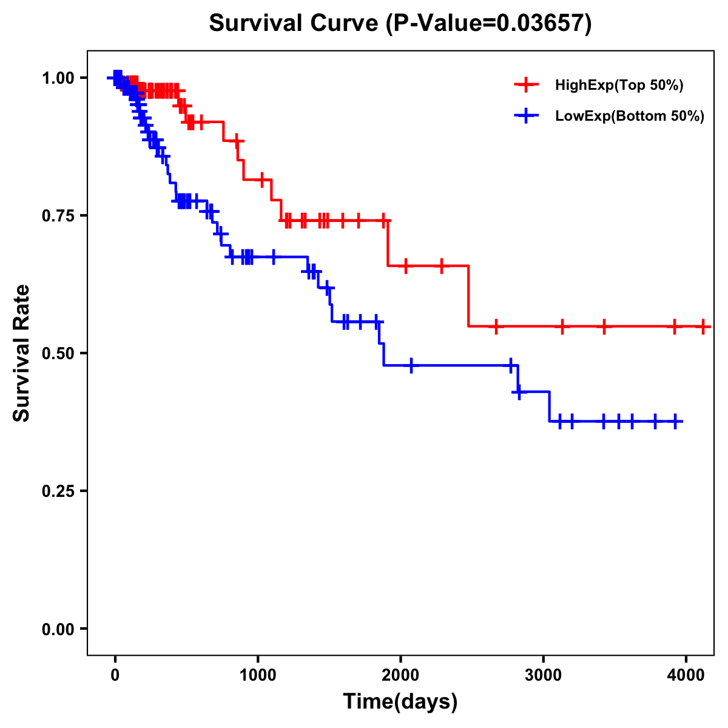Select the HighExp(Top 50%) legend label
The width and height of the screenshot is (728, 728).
[x=619, y=86]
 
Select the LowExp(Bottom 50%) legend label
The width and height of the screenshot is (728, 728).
[x=630, y=116]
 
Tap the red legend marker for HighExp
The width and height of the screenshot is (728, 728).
[x=527, y=85]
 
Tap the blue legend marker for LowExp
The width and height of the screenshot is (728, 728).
[x=527, y=116]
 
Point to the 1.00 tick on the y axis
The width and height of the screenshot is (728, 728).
[x=58, y=78]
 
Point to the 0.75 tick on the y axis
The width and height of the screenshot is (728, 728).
[x=58, y=216]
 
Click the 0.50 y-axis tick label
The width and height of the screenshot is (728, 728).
[x=58, y=354]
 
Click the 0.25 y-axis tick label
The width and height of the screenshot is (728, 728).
[x=58, y=491]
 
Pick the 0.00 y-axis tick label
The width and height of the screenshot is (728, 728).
[x=58, y=629]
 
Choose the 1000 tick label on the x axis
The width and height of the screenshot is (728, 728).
[x=258, y=674]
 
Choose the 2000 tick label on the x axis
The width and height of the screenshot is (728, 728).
[x=400, y=674]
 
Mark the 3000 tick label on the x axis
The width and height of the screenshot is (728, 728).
[x=543, y=674]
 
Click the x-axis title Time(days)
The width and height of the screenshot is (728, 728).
[x=400, y=702]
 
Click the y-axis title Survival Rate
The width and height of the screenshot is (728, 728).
[x=22, y=353]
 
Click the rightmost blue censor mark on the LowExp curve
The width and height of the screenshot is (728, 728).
[x=675, y=421]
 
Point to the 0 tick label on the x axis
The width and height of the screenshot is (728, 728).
[x=115, y=674]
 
